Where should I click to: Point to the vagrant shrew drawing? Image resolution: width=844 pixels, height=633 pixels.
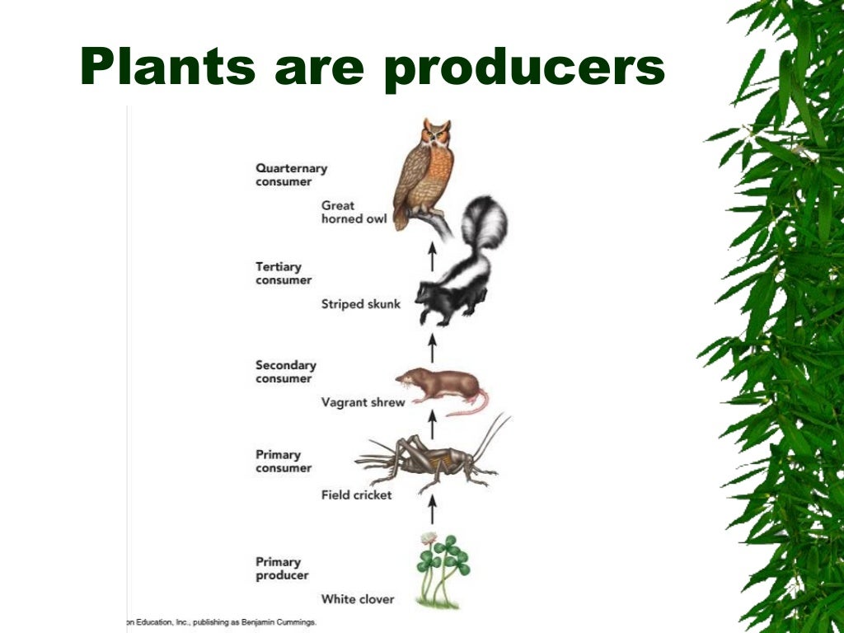click(x=442, y=387)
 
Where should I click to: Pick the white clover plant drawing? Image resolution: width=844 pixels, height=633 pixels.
click(x=442, y=569)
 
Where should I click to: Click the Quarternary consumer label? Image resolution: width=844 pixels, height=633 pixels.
click(x=290, y=175)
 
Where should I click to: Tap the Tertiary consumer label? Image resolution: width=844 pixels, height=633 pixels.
click(x=284, y=274)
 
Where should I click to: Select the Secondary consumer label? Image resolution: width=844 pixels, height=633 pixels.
click(x=285, y=372)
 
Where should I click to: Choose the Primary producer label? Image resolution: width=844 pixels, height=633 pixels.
click(x=278, y=569)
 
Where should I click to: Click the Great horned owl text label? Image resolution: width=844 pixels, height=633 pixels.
click(x=354, y=212)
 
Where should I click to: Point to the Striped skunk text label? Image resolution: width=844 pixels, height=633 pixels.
click(x=360, y=304)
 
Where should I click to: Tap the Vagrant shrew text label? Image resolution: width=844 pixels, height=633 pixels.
click(x=363, y=402)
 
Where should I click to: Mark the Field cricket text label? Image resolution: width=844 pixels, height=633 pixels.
click(x=356, y=495)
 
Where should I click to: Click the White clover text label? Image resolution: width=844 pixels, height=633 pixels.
click(x=358, y=599)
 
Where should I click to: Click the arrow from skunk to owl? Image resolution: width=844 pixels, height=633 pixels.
click(x=431, y=256)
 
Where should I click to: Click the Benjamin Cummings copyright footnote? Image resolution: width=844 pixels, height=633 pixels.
click(x=223, y=622)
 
